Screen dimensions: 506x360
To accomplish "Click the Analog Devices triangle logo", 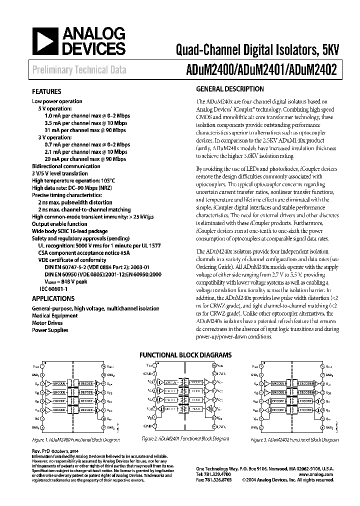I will [44, 41].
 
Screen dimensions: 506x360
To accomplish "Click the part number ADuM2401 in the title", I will [262, 70].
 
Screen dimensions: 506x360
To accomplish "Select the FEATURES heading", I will [46, 92].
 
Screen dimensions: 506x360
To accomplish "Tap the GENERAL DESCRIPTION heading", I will [229, 89].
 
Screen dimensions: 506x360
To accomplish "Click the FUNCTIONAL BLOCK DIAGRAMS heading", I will [185, 354].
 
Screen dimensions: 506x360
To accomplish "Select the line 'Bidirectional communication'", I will [65, 166].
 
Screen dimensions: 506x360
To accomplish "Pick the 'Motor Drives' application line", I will [46, 323].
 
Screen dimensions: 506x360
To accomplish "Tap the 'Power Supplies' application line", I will [50, 330].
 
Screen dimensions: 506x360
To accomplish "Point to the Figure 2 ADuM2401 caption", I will [185, 438].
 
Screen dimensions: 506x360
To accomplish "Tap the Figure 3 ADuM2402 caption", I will [294, 440].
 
